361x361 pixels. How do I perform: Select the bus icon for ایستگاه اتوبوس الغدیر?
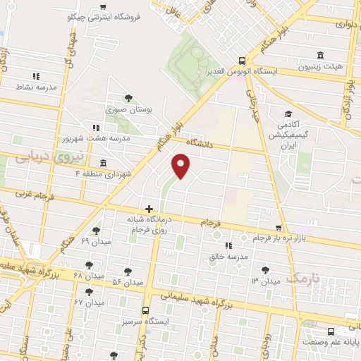point(242,61)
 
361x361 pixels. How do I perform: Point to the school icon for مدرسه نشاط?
point(36,76)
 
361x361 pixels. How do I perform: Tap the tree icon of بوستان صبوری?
point(128,98)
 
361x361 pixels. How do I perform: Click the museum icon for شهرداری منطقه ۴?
point(104,163)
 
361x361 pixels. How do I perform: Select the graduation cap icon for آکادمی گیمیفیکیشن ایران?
point(288,114)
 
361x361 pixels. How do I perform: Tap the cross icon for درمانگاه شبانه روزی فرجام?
point(149,209)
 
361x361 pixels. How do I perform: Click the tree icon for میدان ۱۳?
point(265,269)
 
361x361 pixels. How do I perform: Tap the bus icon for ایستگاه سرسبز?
point(145,310)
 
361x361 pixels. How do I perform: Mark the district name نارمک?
point(307,278)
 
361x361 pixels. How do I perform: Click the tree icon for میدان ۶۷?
point(89,291)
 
